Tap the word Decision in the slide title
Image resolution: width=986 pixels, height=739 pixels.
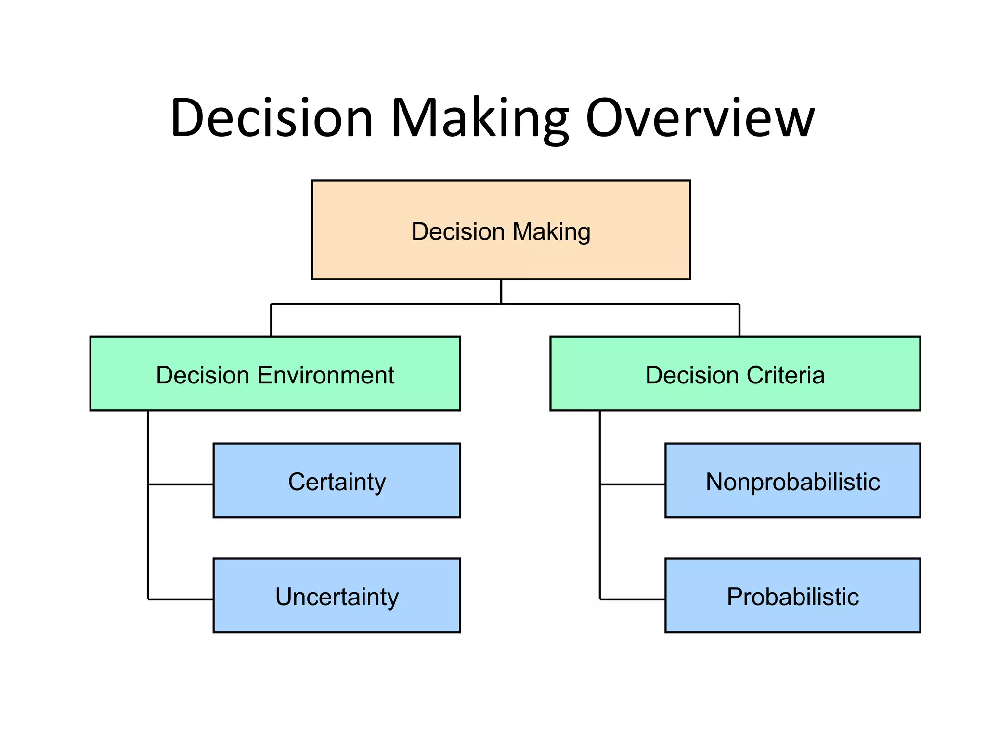[x=272, y=118]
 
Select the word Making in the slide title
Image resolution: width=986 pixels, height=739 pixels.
[x=479, y=118]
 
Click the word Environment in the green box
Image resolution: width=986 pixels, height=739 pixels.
[x=326, y=375]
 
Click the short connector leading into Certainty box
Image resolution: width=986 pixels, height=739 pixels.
[x=181, y=484]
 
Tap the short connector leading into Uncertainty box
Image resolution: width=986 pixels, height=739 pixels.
[x=181, y=599]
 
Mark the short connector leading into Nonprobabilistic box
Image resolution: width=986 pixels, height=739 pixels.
[x=633, y=484]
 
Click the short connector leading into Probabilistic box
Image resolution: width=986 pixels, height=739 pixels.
[x=633, y=599]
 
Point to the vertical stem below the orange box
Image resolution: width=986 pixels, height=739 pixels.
[x=501, y=292]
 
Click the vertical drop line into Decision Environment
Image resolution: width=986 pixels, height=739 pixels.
[x=271, y=320]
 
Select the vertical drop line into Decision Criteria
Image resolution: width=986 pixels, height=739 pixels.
[x=739, y=320]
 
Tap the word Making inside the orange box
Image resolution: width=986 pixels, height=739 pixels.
[x=551, y=231]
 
